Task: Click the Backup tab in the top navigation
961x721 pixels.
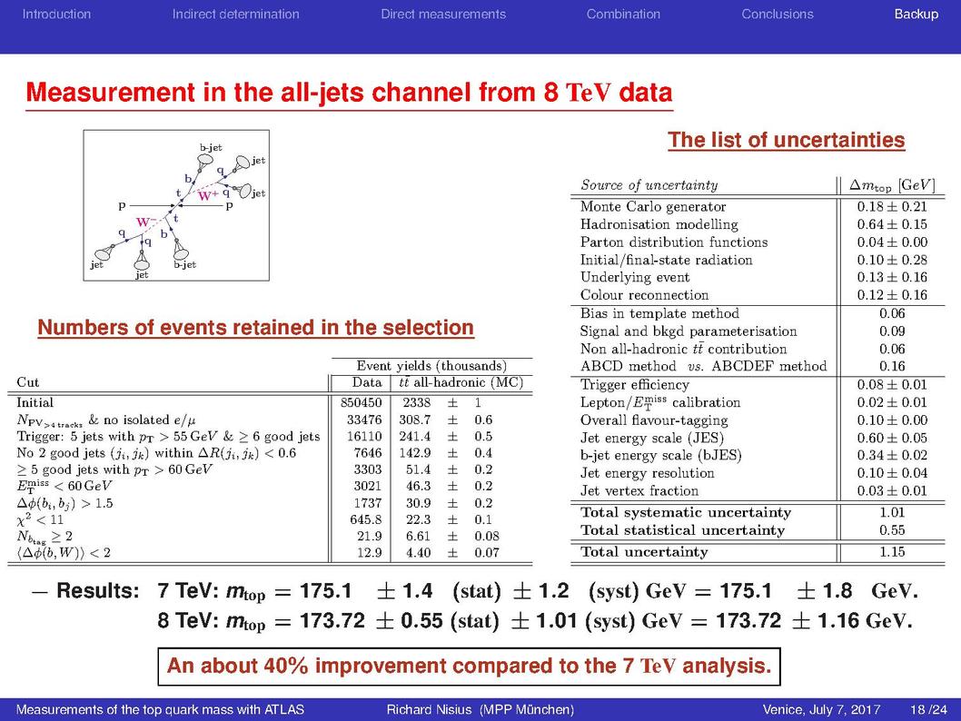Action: coord(916,15)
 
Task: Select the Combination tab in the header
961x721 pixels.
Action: coord(623,15)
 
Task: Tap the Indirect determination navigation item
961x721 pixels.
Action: coord(236,15)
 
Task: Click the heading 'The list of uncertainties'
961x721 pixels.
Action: coord(787,140)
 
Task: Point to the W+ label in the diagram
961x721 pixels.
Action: coord(208,195)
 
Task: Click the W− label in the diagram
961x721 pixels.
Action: coord(144,222)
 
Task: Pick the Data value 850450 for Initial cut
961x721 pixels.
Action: coord(361,402)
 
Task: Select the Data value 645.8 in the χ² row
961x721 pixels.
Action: coord(365,519)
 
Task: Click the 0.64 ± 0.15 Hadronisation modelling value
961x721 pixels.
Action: coord(892,224)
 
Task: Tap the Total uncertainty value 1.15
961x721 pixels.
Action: coord(892,551)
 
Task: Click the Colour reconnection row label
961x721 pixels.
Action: coord(644,294)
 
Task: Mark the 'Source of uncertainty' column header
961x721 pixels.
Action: coord(649,185)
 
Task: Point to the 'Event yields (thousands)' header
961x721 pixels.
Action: coord(431,366)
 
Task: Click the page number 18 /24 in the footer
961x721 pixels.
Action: coord(928,709)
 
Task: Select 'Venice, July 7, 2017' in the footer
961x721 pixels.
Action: coord(821,709)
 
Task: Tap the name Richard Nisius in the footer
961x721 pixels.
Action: coord(429,709)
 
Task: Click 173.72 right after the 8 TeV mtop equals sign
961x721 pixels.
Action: coord(332,620)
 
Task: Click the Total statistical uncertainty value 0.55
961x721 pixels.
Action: coord(892,530)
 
